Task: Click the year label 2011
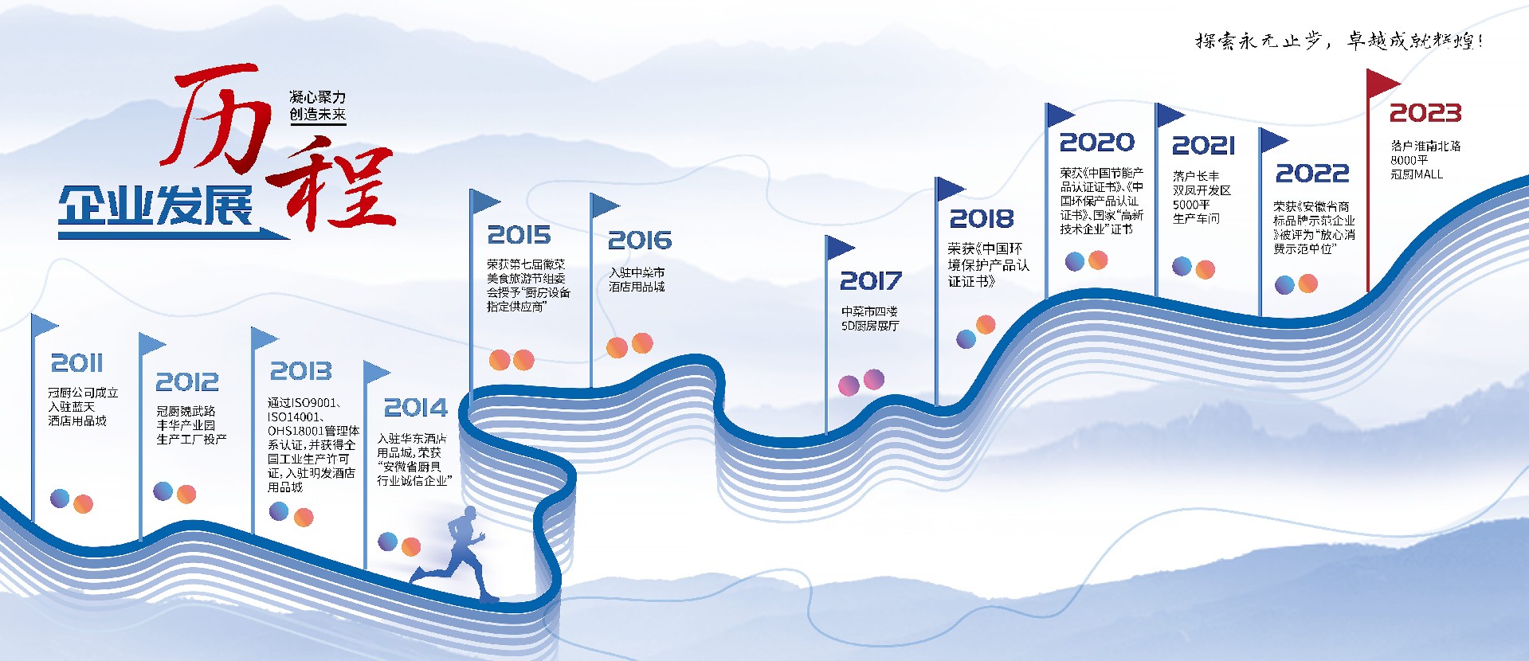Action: pos(76,363)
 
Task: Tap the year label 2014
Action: pos(415,408)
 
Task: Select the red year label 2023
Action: pos(1425,113)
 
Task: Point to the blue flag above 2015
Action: pos(484,201)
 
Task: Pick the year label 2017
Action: pos(870,281)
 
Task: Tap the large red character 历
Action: pos(214,119)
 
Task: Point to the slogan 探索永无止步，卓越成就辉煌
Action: pos(1339,41)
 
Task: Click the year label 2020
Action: pos(1096,143)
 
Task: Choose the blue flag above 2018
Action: pos(949,189)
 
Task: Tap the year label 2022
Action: pos(1311,174)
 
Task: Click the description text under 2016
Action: pos(637,280)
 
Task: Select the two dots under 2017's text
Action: pos(861,382)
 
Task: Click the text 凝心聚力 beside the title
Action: pos(317,97)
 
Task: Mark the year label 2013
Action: pos(300,371)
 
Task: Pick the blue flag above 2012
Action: pos(151,345)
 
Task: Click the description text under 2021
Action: pos(1201,197)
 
